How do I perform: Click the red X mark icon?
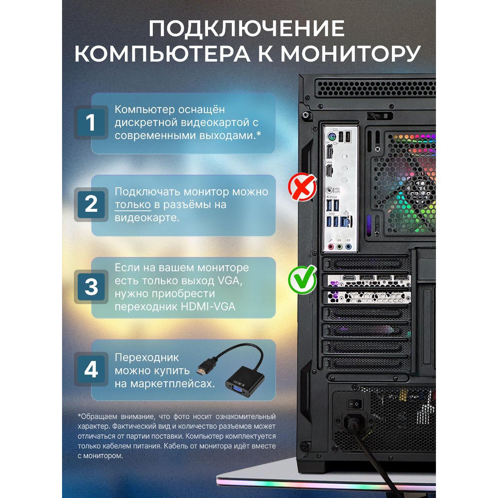point(302,187)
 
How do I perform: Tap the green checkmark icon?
point(302,279)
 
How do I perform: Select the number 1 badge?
point(91,123)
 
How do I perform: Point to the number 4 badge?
point(91,369)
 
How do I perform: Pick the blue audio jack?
point(348,247)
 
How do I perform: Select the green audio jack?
point(339,247)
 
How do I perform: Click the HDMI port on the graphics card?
point(349,278)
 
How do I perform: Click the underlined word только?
point(133,205)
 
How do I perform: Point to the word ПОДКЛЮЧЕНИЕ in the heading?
point(247,29)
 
